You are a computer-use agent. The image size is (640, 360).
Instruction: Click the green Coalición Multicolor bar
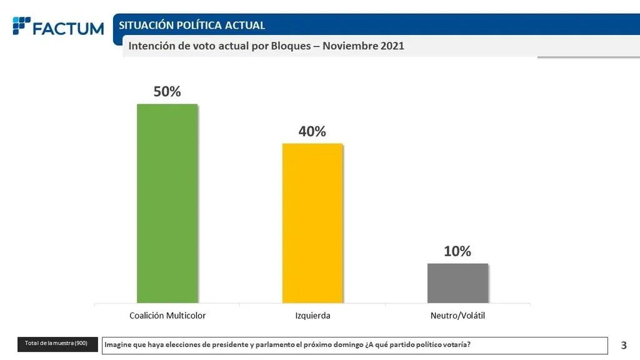167,203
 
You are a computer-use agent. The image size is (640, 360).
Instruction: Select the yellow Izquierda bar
312,223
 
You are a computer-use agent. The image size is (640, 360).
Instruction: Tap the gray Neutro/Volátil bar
457,283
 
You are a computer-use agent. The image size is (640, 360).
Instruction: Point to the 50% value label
167,91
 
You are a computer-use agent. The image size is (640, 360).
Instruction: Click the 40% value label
312,131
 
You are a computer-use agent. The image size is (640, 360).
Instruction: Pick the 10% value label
457,251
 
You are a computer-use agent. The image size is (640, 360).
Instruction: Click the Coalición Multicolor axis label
167,316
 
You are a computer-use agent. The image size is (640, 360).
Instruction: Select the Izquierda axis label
312,316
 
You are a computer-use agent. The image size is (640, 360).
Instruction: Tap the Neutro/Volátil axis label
457,316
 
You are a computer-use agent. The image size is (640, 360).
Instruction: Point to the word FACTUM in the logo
69,28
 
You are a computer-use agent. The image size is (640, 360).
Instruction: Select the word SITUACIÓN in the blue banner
146,25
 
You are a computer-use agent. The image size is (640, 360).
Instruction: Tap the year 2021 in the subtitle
392,46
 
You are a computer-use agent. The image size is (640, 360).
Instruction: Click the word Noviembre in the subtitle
353,46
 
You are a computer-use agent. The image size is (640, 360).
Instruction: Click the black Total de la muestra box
57,344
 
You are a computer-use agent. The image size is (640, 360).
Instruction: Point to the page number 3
624,344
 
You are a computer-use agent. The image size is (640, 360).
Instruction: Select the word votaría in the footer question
456,344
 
